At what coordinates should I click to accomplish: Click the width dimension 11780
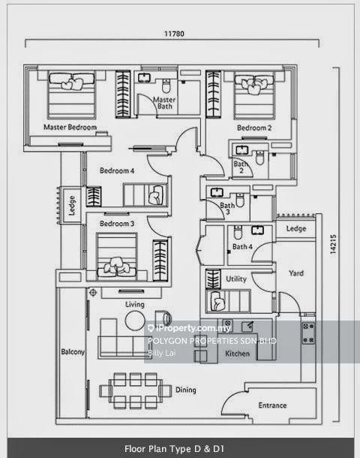pos(174,34)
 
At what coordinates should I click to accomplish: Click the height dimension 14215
pos(333,244)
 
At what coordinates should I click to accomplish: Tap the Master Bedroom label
pos(70,127)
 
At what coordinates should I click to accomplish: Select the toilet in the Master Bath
pos(166,86)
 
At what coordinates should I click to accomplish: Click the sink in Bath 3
pos(217,192)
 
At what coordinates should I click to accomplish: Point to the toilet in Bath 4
pos(238,232)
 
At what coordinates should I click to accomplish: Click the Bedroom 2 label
pos(254,128)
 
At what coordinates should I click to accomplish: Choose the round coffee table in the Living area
pos(135,321)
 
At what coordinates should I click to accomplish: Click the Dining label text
pos(185,390)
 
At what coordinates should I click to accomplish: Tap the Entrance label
pos(272,405)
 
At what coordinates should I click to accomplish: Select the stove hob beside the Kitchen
pos(308,333)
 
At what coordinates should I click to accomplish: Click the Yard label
pos(296,273)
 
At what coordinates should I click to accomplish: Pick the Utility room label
pos(236,279)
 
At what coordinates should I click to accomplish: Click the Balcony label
pos(73,351)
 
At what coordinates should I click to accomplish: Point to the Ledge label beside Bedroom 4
pos(72,206)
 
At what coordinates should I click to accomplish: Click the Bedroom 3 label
pos(117,224)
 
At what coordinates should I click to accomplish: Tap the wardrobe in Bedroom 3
pos(160,261)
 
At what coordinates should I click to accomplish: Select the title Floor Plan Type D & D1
pos(174,449)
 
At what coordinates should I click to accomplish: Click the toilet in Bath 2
pos(259,158)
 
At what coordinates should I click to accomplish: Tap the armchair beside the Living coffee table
pos(163,318)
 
